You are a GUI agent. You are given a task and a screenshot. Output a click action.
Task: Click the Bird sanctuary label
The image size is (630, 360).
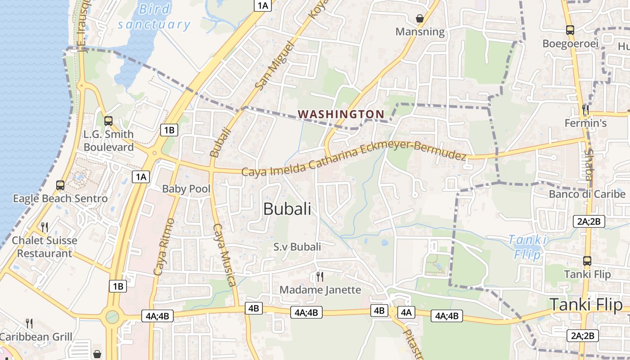click(x=154, y=17)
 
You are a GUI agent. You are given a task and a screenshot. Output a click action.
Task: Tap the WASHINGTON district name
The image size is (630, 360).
click(x=341, y=114)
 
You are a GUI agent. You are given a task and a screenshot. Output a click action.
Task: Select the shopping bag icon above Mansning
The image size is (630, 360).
click(x=419, y=18)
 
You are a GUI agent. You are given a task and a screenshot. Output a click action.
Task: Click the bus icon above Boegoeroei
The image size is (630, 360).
click(x=570, y=30)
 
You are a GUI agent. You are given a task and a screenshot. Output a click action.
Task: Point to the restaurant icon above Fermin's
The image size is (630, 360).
click(x=585, y=109)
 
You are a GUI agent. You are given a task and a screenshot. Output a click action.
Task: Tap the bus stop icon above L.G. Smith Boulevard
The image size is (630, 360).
click(x=108, y=121)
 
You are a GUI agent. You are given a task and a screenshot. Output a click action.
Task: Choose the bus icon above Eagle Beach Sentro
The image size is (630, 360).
click(x=60, y=185)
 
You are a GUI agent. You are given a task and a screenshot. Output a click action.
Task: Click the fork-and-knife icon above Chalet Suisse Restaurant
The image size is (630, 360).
click(x=44, y=227)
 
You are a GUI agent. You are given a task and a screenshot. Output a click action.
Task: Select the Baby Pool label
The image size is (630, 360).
click(x=186, y=189)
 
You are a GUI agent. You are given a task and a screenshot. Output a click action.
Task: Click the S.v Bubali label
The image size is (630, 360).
click(x=297, y=247)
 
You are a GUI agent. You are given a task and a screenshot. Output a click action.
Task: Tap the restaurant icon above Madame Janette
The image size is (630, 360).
click(x=319, y=276)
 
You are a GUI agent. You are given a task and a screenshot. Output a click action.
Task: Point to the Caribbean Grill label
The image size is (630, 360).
click(x=36, y=337)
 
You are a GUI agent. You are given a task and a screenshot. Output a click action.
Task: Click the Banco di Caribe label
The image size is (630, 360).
click(x=587, y=194)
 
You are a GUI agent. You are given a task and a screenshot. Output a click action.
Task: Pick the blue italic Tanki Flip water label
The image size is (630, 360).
click(x=528, y=247)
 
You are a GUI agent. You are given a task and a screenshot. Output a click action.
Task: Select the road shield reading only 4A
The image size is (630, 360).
click(x=406, y=312)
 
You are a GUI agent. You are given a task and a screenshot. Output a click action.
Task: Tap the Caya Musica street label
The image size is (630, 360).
click(x=224, y=254)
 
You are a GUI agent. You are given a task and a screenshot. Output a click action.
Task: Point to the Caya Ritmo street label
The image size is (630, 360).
click(x=164, y=247)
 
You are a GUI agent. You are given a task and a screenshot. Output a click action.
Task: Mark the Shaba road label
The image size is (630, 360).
click(x=589, y=165)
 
